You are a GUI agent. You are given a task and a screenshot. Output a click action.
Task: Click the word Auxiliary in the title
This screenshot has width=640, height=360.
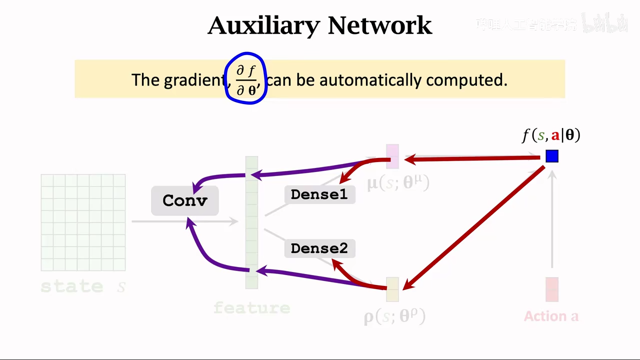click(x=263, y=25)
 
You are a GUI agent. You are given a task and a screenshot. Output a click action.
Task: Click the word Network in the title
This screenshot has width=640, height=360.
click(x=380, y=25)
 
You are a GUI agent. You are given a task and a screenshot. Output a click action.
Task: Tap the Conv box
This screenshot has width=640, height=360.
click(x=185, y=200)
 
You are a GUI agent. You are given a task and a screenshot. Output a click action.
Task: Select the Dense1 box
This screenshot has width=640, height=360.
click(x=319, y=194)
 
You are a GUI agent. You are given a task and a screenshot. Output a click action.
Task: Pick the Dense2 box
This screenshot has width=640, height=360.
click(x=319, y=248)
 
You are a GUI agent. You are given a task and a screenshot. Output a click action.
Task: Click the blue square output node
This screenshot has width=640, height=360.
click(x=552, y=156)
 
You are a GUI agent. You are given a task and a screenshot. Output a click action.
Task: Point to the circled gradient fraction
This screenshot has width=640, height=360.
click(x=246, y=79)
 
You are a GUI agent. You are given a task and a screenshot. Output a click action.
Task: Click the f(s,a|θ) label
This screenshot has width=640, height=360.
click(x=551, y=135)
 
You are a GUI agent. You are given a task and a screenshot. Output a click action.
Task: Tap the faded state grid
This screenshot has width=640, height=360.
click(x=83, y=222)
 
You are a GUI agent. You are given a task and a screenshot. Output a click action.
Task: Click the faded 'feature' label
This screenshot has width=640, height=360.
click(x=252, y=307)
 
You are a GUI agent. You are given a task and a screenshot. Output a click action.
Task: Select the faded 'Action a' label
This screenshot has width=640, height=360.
click(x=551, y=316)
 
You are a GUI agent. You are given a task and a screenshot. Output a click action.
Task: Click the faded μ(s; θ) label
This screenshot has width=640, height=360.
click(x=398, y=183)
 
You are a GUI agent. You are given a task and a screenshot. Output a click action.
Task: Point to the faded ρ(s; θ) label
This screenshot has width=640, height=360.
click(x=394, y=316)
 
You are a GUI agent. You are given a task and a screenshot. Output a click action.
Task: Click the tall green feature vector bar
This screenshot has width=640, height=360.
click(x=251, y=222)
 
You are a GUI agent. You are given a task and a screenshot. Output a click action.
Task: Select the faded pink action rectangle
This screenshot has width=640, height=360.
click(x=552, y=289)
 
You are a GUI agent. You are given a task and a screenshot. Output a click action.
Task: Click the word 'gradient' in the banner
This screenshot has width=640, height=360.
click(x=194, y=80)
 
